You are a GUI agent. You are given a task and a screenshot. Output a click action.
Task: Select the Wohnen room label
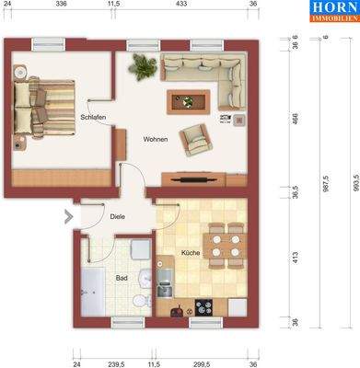(x=156, y=140)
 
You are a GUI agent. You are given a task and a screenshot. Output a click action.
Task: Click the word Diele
(x=117, y=217)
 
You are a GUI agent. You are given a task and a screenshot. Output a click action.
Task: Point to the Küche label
(x=190, y=252)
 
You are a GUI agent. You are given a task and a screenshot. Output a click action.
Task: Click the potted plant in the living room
(x=143, y=64)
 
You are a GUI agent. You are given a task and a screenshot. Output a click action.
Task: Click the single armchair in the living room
(x=195, y=138)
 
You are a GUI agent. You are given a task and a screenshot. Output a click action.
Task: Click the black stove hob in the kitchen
(x=203, y=306)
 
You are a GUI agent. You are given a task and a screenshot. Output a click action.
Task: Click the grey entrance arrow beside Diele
(x=67, y=217)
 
